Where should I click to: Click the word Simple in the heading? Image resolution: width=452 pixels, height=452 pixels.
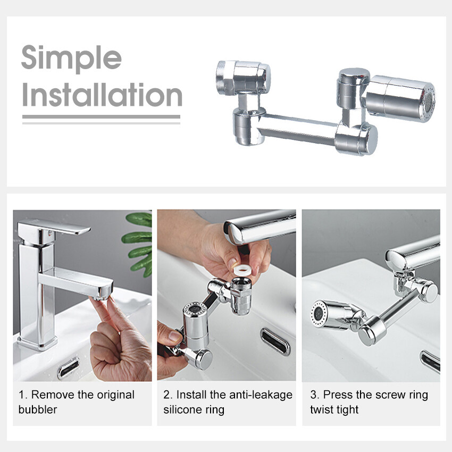pyautogui.click(x=71, y=58)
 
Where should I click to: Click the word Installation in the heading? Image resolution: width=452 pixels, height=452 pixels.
pyautogui.click(x=102, y=95)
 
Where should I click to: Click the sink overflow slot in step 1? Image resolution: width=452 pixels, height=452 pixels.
pyautogui.click(x=68, y=367)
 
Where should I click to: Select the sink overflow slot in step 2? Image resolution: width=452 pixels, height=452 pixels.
pyautogui.click(x=275, y=341)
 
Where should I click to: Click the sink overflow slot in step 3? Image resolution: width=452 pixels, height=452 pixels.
pyautogui.click(x=430, y=361)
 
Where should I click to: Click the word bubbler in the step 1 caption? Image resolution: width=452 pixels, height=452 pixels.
pyautogui.click(x=38, y=409)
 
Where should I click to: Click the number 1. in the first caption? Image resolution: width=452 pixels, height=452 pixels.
pyautogui.click(x=23, y=395)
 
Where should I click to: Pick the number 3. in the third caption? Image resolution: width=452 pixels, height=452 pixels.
pyautogui.click(x=315, y=395)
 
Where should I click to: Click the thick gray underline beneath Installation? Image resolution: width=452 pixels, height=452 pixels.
pyautogui.click(x=101, y=117)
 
